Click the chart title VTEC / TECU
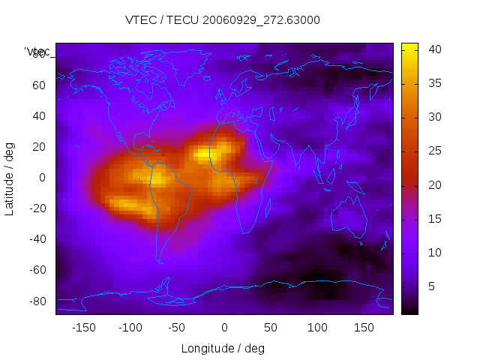point(222,20)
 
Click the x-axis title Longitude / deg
point(223,348)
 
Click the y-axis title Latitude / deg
point(10,178)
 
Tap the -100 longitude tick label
point(130,327)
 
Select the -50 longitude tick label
point(177,327)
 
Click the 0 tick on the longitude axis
point(223,327)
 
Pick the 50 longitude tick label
point(271,327)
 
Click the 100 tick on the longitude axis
point(317,327)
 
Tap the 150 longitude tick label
point(364,327)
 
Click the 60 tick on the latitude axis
point(38,85)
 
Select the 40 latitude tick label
point(38,115)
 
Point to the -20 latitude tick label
point(36,208)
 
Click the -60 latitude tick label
point(36,270)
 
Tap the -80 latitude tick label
point(36,301)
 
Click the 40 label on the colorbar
point(434,49)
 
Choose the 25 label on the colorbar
point(434,151)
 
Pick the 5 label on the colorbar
point(431,286)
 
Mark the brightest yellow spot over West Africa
point(204,154)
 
